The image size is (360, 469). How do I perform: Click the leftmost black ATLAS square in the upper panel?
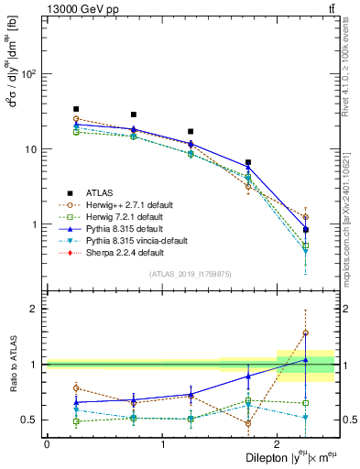point(76,109)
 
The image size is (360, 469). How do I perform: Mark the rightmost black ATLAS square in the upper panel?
point(305,230)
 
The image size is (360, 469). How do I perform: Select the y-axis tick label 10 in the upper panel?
point(32,149)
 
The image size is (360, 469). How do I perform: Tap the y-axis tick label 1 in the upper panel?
point(36,224)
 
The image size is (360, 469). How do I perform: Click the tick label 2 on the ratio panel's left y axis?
point(36,309)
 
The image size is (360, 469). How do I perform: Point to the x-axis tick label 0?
point(47,444)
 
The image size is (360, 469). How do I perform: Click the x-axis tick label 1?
point(162,444)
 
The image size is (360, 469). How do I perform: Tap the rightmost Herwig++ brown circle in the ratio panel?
point(305,333)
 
